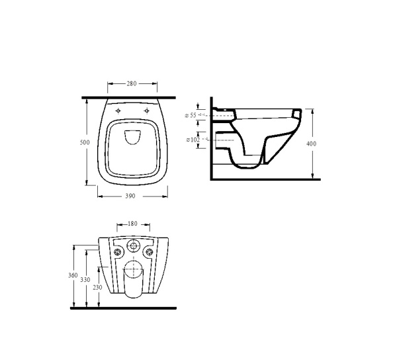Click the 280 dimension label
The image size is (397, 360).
click(x=132, y=83)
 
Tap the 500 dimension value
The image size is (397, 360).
click(x=85, y=142)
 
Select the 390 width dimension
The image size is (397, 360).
click(x=130, y=196)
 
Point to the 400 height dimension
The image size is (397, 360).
click(x=311, y=144)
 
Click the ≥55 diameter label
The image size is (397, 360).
click(x=191, y=115)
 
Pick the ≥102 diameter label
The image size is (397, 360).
click(x=193, y=140)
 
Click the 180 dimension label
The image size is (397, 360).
click(x=132, y=224)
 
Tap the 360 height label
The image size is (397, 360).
click(x=73, y=275)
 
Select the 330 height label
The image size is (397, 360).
click(x=85, y=280)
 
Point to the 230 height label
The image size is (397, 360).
click(x=97, y=287)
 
